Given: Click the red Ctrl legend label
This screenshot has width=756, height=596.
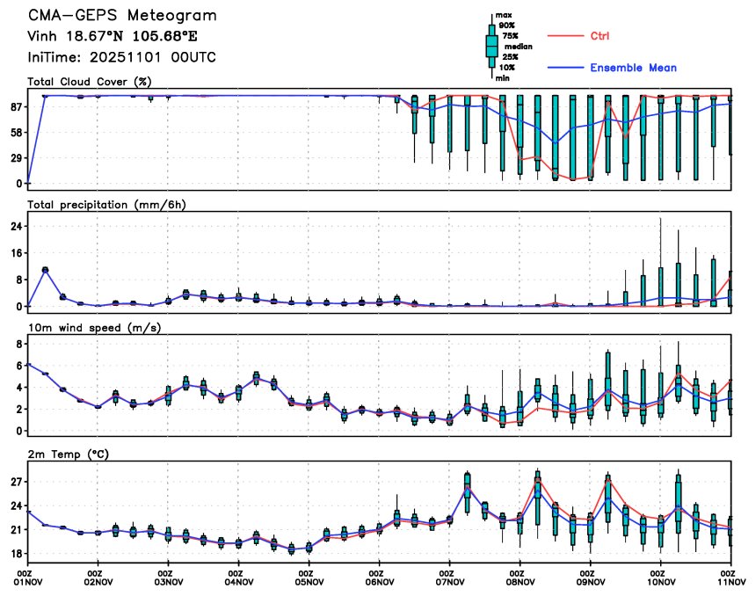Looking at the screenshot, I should (x=600, y=36).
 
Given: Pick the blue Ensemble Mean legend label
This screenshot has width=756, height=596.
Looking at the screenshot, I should (x=633, y=68).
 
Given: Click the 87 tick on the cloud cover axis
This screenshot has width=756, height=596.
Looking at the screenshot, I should (x=16, y=106).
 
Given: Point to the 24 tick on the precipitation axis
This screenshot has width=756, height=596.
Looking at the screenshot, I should (x=16, y=226).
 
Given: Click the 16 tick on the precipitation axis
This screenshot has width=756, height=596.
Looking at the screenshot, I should (x=16, y=252).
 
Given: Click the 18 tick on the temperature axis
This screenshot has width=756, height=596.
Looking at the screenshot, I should (x=16, y=554).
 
